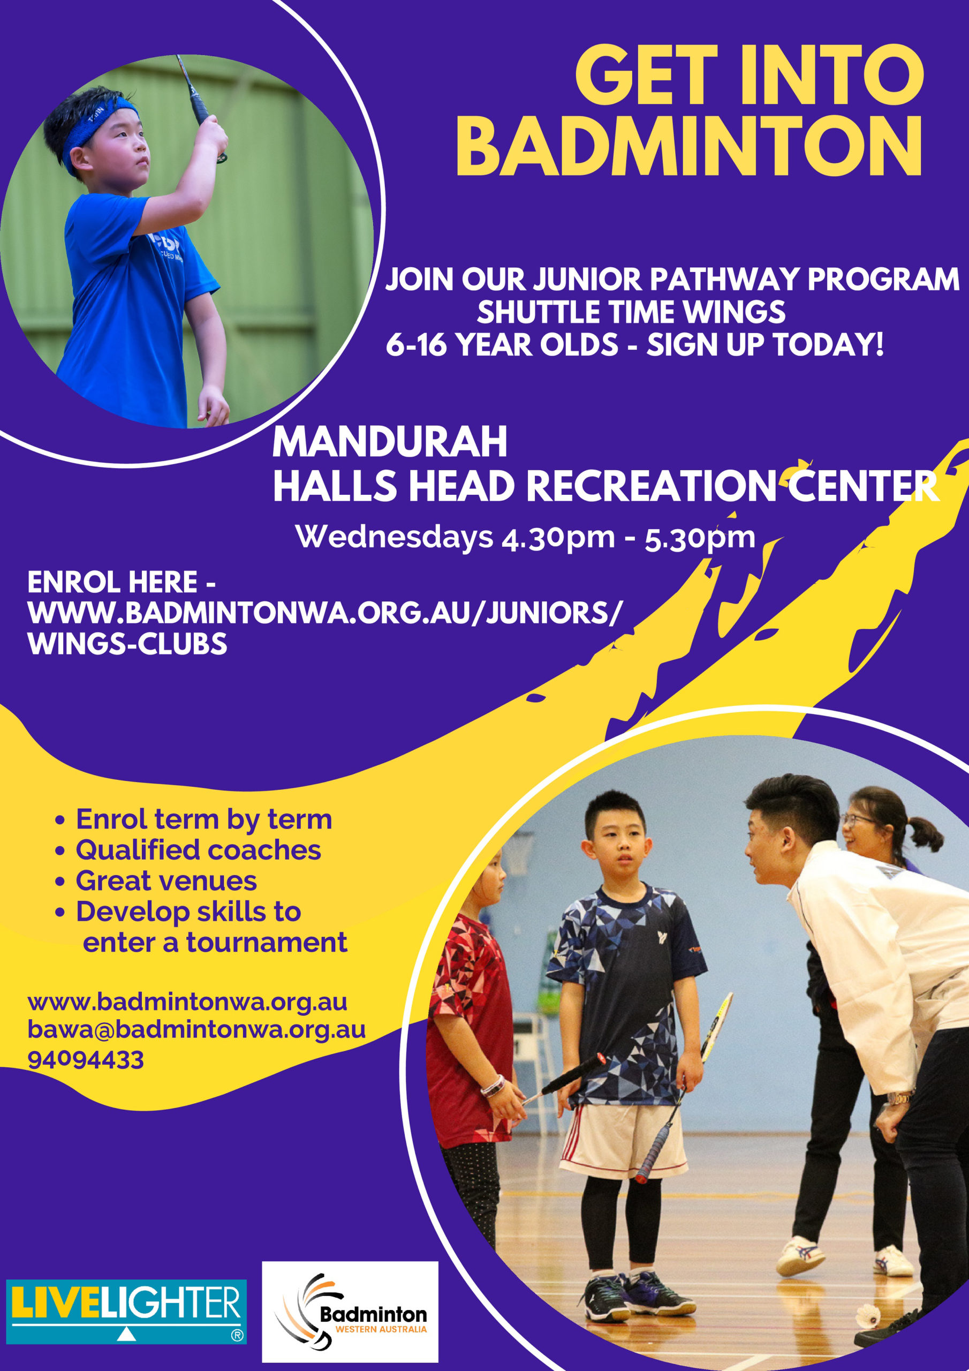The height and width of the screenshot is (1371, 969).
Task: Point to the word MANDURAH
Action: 390,442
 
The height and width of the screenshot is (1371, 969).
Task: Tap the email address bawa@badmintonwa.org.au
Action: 196,1029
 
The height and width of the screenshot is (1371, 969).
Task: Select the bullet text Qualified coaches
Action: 198,850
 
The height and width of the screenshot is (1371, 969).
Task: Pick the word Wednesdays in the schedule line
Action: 394,536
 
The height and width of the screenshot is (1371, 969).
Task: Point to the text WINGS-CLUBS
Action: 127,644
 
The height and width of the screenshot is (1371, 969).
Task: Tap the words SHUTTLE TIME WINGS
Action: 631,312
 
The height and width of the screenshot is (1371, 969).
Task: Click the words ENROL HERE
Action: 112,582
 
